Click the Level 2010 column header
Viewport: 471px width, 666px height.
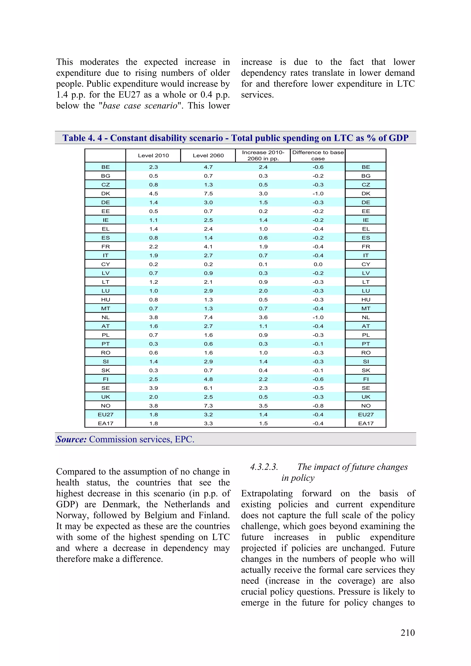(153, 155)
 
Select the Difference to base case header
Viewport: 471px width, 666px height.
(318, 155)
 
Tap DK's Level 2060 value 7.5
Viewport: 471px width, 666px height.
(208, 194)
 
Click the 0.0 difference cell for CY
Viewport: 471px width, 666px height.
(318, 264)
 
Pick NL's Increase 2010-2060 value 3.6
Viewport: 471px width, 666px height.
(263, 317)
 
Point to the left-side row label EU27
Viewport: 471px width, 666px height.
(105, 414)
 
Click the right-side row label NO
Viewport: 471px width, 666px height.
(366, 406)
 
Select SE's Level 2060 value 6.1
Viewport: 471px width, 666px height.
(208, 388)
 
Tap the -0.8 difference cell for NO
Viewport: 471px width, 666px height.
(318, 406)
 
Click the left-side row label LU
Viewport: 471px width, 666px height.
(105, 291)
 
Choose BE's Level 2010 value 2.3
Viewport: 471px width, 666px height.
(153, 167)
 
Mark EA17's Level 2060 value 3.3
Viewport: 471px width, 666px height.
(208, 423)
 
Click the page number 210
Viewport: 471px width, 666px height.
(408, 632)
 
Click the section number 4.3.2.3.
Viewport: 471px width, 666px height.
(264, 467)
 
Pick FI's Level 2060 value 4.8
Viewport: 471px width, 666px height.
(208, 379)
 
